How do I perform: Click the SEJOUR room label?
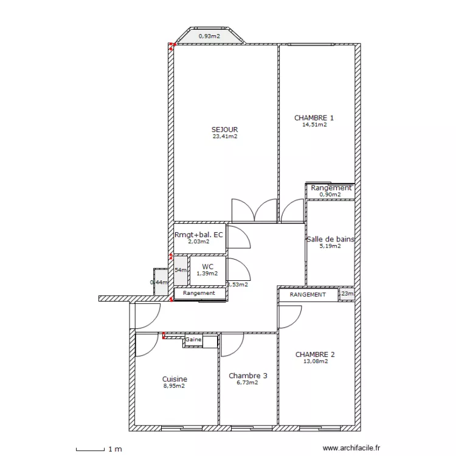pos(224,130)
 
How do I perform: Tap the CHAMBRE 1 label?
pos(314,118)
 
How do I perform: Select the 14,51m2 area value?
pos(314,125)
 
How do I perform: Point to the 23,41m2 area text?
pos(224,137)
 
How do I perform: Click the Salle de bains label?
pos(331,239)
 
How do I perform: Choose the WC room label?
pos(207,266)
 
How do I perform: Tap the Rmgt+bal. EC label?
pos(198,235)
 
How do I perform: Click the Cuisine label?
pos(174,379)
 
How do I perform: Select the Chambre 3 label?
pos(247,376)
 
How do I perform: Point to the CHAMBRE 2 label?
pos(315,354)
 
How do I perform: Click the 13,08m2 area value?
pos(315,361)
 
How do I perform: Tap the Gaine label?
pos(193,340)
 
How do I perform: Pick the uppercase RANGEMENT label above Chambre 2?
pos(308,295)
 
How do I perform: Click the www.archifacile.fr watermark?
pos(351,448)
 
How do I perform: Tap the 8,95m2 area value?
pos(174,385)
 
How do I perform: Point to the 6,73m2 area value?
pos(247,382)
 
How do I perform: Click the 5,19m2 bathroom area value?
pos(331,246)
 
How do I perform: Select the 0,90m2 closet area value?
pos(331,195)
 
